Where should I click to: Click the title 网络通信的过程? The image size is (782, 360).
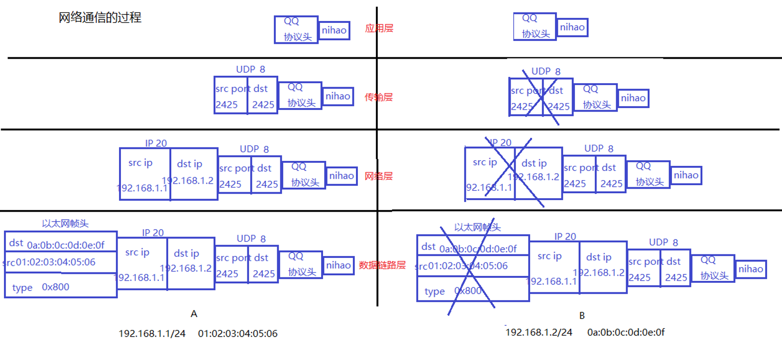(x=100, y=18)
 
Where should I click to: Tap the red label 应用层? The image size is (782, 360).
(x=379, y=28)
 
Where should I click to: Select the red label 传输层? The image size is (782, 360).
(x=378, y=97)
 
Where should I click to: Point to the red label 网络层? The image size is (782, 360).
(x=378, y=176)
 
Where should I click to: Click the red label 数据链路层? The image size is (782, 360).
(x=382, y=265)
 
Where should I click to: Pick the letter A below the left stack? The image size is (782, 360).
(x=194, y=314)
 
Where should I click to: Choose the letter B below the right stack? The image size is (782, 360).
(x=582, y=315)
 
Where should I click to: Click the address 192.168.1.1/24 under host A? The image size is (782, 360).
(x=152, y=334)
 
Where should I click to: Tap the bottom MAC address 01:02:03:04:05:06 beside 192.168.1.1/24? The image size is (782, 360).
(x=237, y=334)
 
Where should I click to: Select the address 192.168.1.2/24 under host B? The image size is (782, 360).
(x=539, y=332)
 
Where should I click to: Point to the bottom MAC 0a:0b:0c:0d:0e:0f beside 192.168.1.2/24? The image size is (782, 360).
(x=626, y=332)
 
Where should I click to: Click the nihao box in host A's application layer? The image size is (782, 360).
(x=334, y=30)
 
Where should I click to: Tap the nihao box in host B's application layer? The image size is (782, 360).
(x=572, y=27)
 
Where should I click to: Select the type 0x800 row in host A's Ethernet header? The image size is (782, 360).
(x=61, y=287)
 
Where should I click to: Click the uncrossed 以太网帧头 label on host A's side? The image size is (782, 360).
(x=65, y=224)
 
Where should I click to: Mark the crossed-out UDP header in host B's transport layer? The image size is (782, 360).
(x=541, y=98)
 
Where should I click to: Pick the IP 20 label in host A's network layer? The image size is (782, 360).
(x=156, y=143)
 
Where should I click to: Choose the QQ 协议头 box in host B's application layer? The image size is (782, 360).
(x=535, y=27)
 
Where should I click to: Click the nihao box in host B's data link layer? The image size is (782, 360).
(x=751, y=269)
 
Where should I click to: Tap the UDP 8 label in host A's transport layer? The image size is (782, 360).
(x=250, y=70)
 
